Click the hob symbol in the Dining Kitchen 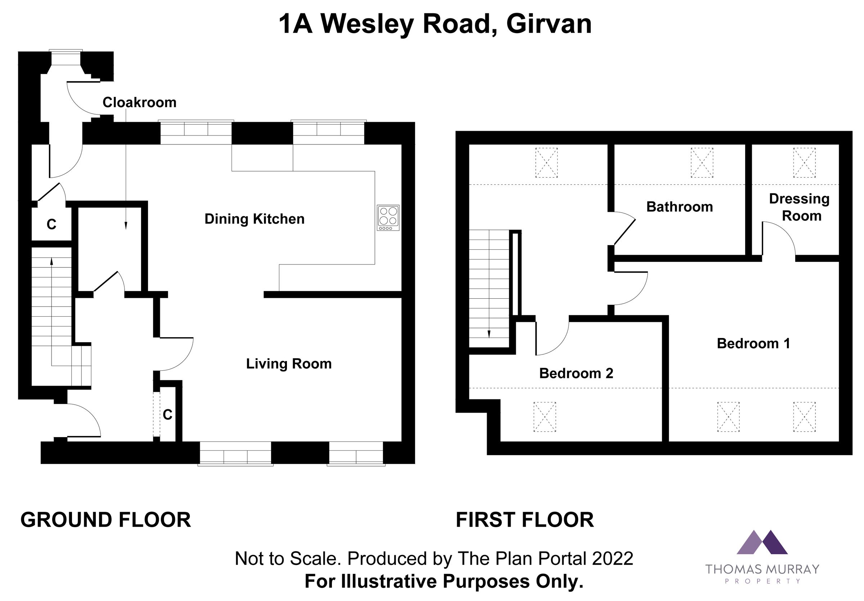[x=388, y=218]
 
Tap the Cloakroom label [x=140, y=102]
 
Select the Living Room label [x=289, y=364]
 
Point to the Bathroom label [x=679, y=207]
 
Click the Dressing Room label [x=799, y=208]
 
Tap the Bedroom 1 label [x=753, y=343]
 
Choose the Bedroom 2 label [x=576, y=373]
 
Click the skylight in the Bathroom [x=702, y=163]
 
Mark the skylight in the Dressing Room [x=805, y=163]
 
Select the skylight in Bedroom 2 [x=545, y=417]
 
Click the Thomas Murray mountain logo [x=762, y=542]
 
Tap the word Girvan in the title [x=549, y=24]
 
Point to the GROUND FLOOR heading [x=106, y=520]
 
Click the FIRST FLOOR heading [x=525, y=520]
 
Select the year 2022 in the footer [x=613, y=558]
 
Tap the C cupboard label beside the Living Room [x=167, y=415]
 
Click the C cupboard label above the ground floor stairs [x=51, y=224]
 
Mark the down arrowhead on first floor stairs [x=489, y=334]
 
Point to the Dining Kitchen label [x=255, y=219]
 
